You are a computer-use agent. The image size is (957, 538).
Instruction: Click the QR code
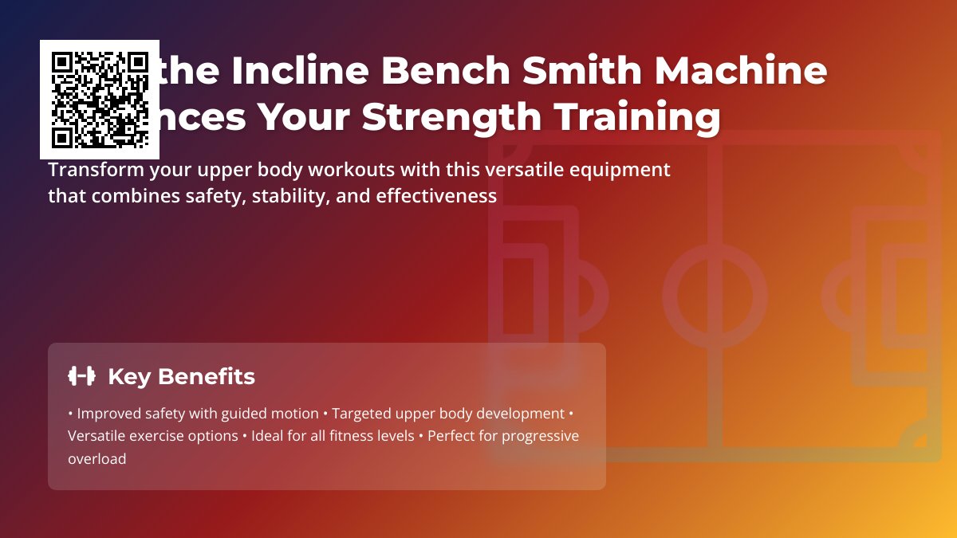coord(100,100)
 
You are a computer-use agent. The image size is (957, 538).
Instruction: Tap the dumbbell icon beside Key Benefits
coord(81,376)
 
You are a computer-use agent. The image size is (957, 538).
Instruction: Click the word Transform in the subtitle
coord(87,170)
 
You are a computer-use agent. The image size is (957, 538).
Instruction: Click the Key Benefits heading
coord(181,376)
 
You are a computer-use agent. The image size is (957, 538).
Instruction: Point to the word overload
coord(96,459)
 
